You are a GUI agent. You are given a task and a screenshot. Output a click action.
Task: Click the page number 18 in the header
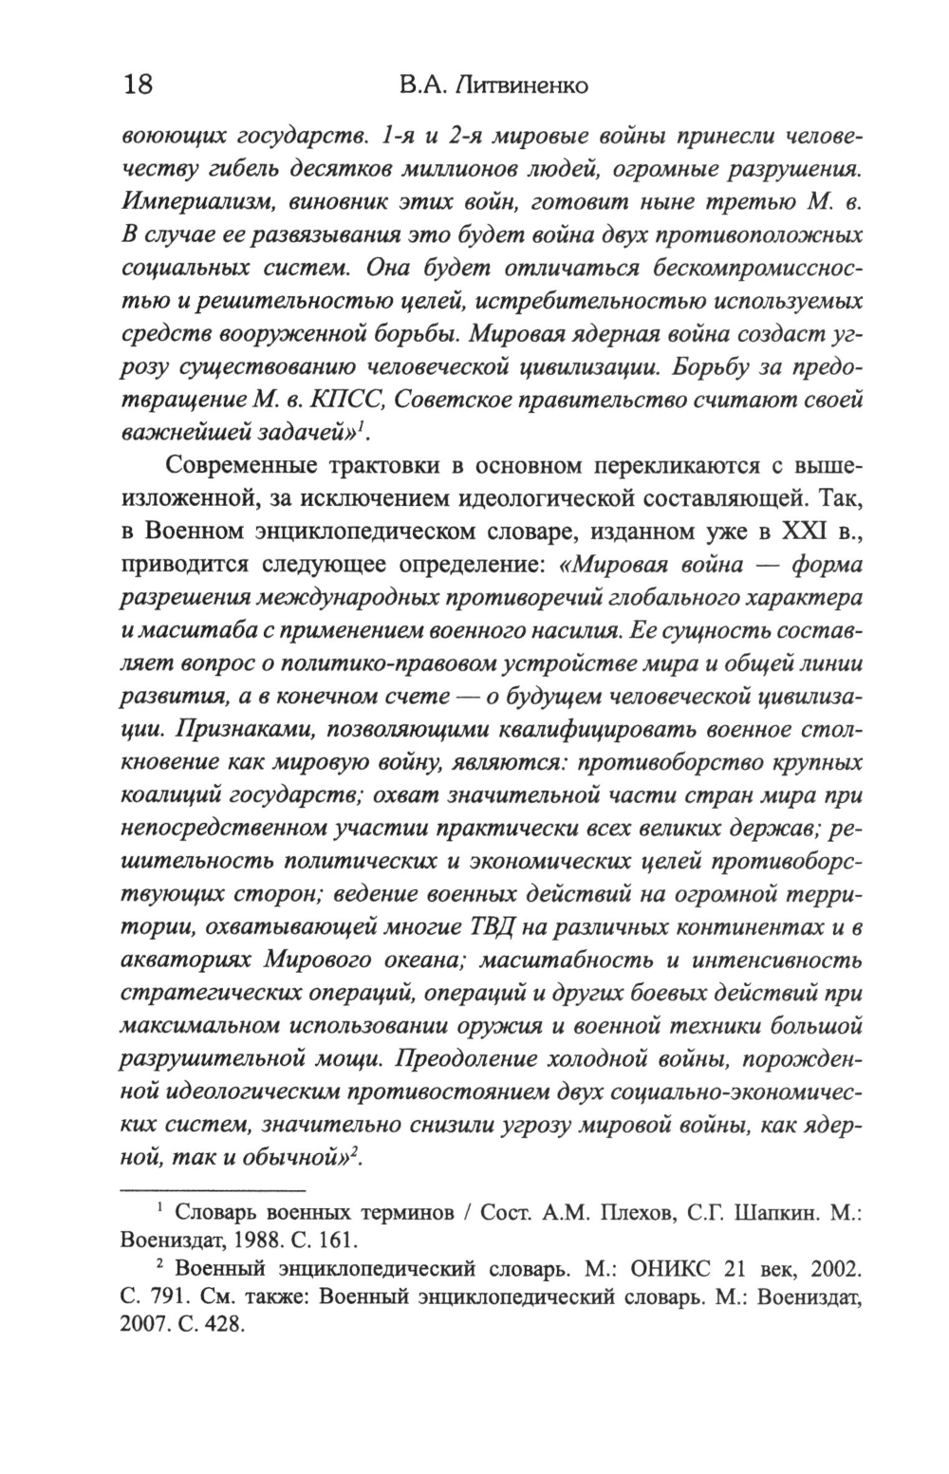[x=137, y=84]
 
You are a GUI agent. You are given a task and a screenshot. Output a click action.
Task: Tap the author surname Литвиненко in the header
[x=521, y=85]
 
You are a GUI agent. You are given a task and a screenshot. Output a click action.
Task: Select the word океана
[x=419, y=960]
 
